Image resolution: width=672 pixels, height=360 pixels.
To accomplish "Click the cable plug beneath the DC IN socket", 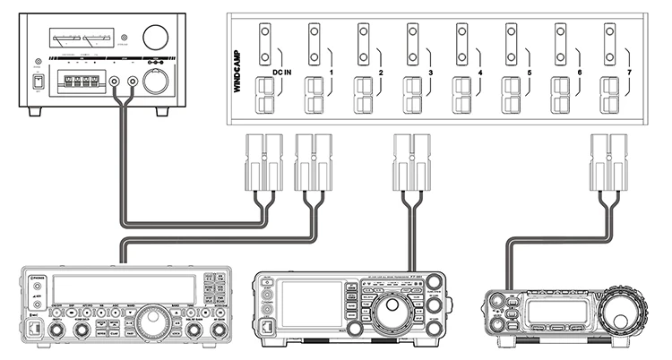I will click(264, 162).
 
